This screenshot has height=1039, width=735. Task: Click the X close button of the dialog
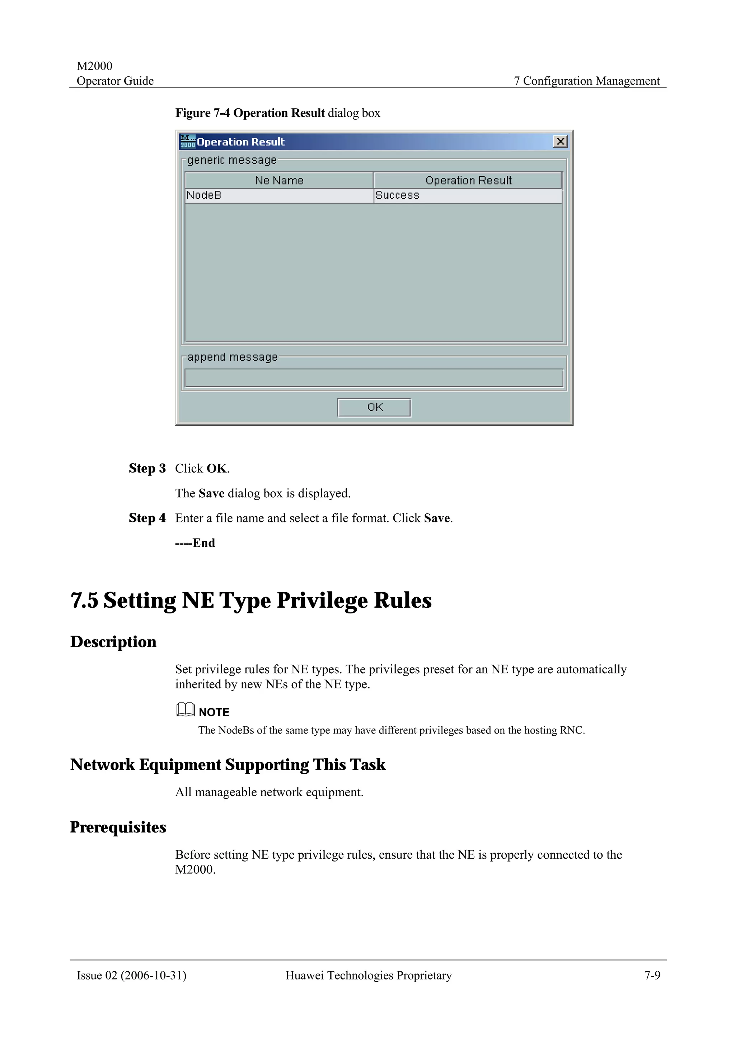point(560,142)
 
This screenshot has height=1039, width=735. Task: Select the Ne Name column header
point(279,181)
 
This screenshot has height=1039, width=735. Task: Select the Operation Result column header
point(468,181)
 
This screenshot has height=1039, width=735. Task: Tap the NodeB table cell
point(279,195)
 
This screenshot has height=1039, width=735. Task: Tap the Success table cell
point(468,195)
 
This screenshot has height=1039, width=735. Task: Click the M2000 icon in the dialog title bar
point(187,142)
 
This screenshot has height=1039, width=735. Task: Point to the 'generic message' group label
point(232,160)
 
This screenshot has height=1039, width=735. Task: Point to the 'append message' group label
point(232,357)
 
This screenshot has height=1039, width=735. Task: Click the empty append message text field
point(374,378)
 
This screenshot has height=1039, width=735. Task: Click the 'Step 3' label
point(147,468)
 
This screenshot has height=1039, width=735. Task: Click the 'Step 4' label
point(147,518)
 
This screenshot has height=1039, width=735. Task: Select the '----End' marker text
point(195,543)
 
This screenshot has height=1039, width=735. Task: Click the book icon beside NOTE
point(185,710)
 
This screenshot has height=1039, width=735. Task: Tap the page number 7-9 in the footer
point(652,975)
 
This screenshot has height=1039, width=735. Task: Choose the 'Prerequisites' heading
point(118,827)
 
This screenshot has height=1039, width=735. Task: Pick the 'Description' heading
point(113,642)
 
